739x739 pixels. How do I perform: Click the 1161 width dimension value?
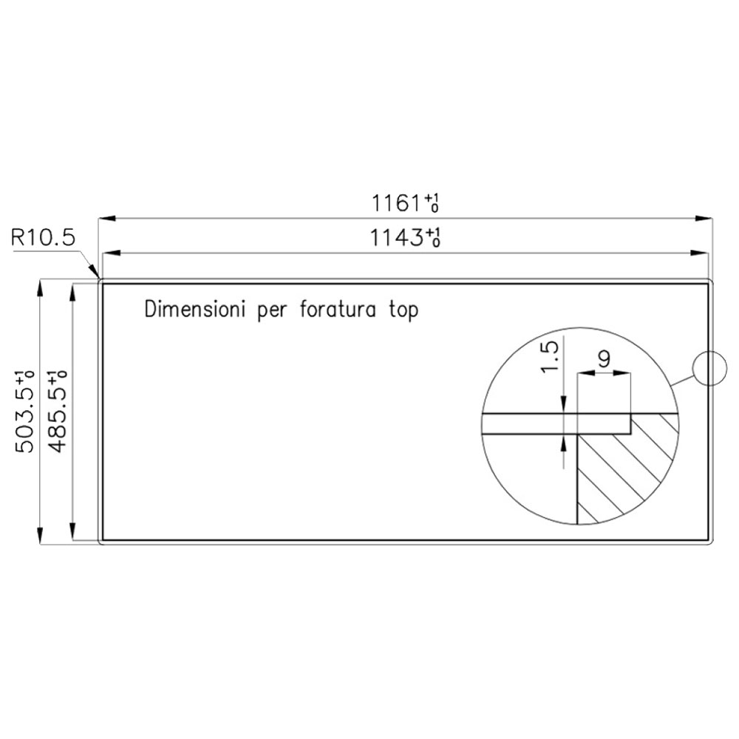pos(406,203)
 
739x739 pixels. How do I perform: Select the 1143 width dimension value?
pos(405,237)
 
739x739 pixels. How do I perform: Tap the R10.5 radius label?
pos(43,237)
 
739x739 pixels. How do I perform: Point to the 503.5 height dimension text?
pos(25,412)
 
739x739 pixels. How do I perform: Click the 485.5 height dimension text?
pos(58,412)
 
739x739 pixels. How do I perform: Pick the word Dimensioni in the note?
pos(195,310)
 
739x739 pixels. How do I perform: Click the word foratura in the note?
pos(338,310)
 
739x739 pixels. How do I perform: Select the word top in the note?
pos(403,311)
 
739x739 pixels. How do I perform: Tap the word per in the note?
pos(272,312)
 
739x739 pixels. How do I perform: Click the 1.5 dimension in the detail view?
pos(550,357)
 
